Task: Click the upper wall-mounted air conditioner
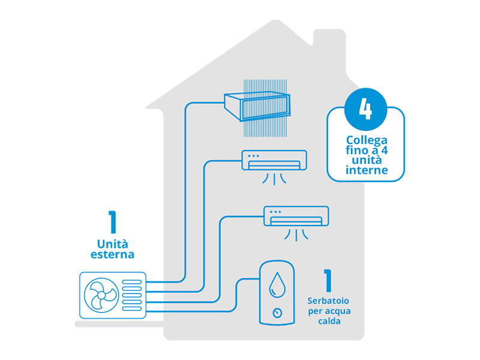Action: [274, 160]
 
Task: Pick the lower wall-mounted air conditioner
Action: [296, 216]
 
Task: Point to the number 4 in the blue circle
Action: [365, 110]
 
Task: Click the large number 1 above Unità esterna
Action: [112, 223]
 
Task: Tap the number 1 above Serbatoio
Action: [328, 280]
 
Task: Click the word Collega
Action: [366, 140]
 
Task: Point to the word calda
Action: [329, 321]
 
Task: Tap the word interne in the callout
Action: [366, 170]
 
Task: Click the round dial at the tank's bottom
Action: [277, 313]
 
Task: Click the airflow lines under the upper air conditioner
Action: [273, 178]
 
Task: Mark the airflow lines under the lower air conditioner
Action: [296, 234]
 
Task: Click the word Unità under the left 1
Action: [112, 244]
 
